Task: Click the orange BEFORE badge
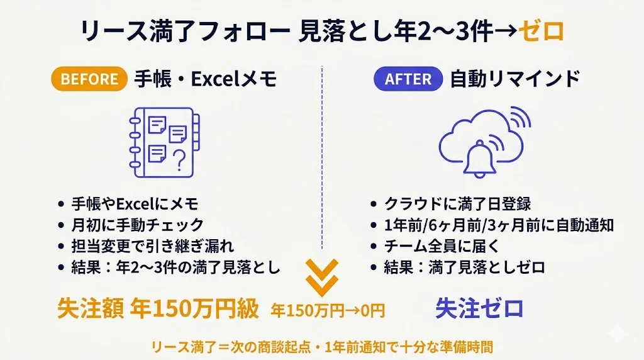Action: tap(89, 79)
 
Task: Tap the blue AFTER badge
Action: tap(408, 79)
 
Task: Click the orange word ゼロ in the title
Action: tap(541, 31)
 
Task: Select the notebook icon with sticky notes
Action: tap(164, 142)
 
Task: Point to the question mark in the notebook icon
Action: tap(179, 160)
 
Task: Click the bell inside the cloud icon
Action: tap(479, 159)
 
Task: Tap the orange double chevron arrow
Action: tap(322, 278)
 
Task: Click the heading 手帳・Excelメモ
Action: tap(205, 79)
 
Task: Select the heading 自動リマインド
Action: tap(515, 79)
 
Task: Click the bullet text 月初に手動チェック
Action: tap(138, 225)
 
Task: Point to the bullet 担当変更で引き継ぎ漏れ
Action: tap(152, 246)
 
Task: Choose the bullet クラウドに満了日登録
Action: tap(458, 203)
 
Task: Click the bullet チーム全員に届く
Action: tap(441, 246)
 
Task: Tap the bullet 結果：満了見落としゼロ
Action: tap(465, 267)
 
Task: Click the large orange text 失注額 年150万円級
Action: tap(158, 308)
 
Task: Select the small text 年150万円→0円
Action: tap(328, 311)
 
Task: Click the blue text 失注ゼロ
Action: tap(479, 308)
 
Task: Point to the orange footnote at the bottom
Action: tap(322, 347)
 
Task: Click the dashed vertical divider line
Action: tap(322, 157)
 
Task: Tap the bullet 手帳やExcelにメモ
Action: tap(135, 203)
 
